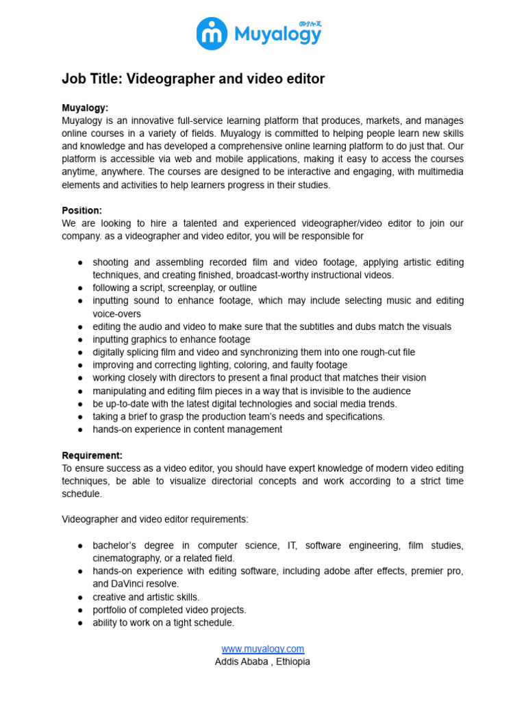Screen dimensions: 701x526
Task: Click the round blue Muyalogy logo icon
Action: point(212,34)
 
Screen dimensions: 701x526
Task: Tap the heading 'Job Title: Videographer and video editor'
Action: point(193,79)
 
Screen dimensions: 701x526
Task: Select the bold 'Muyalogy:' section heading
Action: point(85,108)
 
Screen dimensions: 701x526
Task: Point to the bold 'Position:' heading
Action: point(82,211)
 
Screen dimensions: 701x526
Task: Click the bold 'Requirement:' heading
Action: point(92,456)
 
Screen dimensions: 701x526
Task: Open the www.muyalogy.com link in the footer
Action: point(262,649)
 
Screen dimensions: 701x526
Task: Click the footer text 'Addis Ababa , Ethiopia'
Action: point(262,662)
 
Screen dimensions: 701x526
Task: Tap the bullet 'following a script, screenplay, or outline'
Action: point(175,288)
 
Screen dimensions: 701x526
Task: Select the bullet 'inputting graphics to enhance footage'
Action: point(171,340)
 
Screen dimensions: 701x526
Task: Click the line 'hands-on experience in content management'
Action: point(187,430)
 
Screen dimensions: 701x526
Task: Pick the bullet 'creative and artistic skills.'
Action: point(146,597)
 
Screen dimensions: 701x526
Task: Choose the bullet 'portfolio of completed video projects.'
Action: point(169,610)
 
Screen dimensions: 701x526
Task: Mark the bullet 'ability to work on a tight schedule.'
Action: point(163,623)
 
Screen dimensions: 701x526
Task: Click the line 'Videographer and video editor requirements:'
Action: point(155,520)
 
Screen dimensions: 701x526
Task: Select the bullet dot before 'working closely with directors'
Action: point(80,378)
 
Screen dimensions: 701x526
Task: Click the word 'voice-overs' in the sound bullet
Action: point(116,314)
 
